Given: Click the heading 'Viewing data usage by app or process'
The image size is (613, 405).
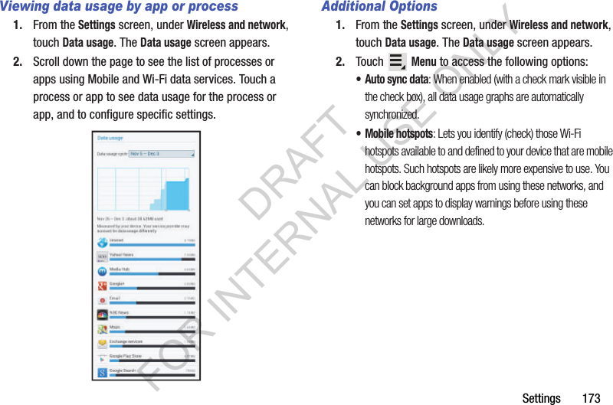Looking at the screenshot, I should [120, 7].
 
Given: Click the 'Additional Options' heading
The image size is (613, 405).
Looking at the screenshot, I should [379, 7].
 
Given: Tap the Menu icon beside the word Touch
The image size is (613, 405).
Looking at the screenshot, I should [397, 62].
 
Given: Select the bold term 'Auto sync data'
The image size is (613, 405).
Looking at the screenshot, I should [396, 80].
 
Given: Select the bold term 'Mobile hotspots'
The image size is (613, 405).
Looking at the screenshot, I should [398, 133].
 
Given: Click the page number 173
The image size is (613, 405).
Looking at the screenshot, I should [591, 398].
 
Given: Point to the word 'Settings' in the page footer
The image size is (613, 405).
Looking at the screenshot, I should [541, 398].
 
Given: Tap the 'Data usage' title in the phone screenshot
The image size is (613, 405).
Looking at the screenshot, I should [110, 139].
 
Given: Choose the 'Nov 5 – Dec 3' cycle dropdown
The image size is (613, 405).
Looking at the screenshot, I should [162, 154].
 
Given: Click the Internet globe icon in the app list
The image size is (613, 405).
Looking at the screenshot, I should [102, 242].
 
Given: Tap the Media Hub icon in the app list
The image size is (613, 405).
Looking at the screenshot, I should [102, 271].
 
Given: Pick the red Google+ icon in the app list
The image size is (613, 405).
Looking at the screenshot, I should [102, 286].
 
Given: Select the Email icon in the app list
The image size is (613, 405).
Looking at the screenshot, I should [102, 300].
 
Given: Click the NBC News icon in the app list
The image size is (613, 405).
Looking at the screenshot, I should [102, 315].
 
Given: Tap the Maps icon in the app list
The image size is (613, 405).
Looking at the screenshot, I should [102, 329].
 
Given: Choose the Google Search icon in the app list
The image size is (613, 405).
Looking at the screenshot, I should [102, 373].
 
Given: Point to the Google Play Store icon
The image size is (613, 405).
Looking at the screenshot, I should [102, 358].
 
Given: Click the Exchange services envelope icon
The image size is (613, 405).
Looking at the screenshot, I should [102, 344].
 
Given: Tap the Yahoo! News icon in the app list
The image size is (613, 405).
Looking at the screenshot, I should [102, 256].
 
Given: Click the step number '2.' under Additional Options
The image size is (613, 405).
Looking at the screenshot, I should [341, 62].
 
